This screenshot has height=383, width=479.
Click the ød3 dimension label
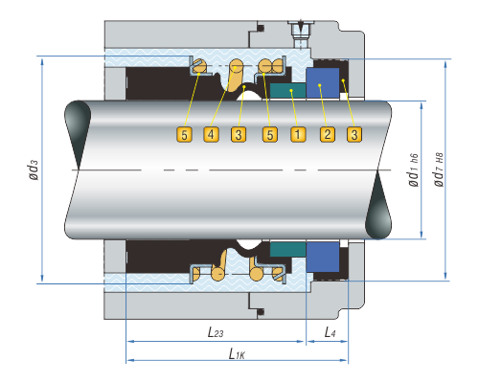pos(34,169)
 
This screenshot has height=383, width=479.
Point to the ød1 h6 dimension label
pos(413,169)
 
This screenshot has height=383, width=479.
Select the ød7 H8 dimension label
pos(439,169)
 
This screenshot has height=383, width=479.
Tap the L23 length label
pos(216,332)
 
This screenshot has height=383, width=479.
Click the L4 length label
pos(330,332)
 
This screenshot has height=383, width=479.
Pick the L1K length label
pos(237,353)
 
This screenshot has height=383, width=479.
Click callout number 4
pos(211,134)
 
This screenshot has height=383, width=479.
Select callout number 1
pos(298,134)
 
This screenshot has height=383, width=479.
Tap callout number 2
pos(328,134)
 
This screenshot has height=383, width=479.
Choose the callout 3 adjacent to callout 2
pos(354,134)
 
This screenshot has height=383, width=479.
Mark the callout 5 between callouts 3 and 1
pos(270,134)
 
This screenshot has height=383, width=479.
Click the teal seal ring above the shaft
pos(287,91)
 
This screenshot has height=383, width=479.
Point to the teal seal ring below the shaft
pos(287,249)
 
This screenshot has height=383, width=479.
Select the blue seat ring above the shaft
pos(323,83)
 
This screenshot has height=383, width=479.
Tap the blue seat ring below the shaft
pos(323,257)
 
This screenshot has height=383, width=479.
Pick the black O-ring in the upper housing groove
pos(261,28)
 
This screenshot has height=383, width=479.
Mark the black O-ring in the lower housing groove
pos(261,311)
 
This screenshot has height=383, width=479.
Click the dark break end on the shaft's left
pos(78,134)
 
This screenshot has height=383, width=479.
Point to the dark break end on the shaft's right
pos(378,205)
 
